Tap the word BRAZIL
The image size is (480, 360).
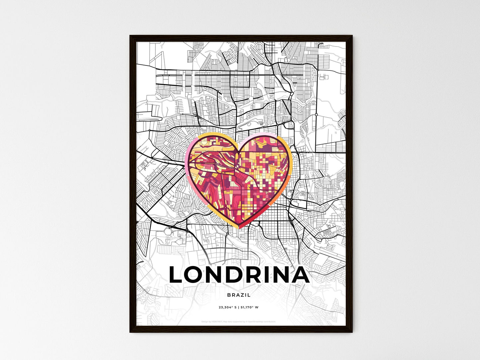pyautogui.click(x=239, y=295)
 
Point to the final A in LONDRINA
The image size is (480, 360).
pyautogui.click(x=300, y=275)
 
